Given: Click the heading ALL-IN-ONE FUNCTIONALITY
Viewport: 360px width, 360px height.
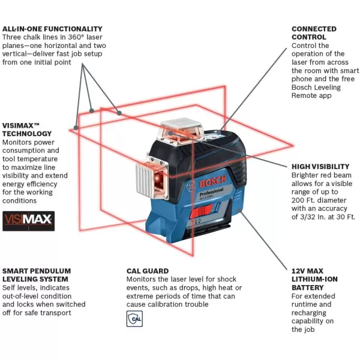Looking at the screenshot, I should [52, 29].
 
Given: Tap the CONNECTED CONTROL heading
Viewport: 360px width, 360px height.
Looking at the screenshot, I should [314, 33].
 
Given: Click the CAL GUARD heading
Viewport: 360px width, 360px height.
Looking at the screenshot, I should [147, 271].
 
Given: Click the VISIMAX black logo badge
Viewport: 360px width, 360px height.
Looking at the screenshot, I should [28, 220].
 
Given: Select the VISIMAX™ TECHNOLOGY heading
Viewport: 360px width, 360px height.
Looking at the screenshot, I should [27, 129].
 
